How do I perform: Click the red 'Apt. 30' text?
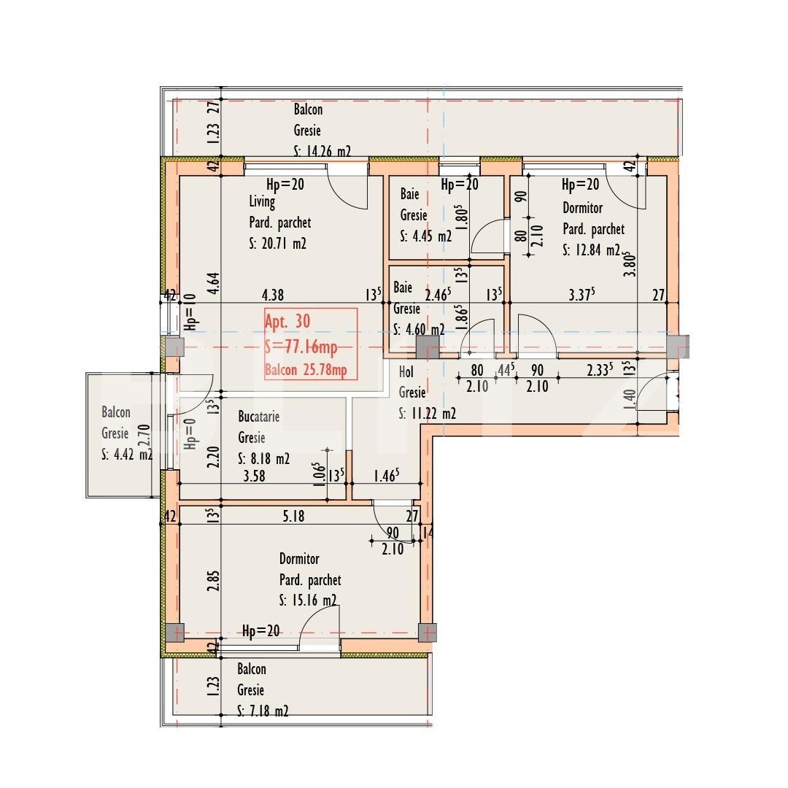287,322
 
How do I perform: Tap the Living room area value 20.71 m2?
284,244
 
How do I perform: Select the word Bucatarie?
259,417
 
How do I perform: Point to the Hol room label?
406,372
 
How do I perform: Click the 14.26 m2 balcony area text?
328,151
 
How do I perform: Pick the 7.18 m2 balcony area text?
269,711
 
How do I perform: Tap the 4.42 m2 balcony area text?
134,455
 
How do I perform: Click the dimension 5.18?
293,516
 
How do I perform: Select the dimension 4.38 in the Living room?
273,295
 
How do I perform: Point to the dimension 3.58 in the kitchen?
255,476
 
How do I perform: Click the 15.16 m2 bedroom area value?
314,600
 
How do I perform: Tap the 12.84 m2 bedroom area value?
598,250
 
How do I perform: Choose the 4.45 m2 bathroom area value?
432,236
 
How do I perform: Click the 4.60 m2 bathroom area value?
425,329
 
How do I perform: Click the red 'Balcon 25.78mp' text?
306,370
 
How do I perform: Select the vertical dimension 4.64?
213,283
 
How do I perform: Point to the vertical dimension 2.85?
213,581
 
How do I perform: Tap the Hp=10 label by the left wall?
190,312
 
